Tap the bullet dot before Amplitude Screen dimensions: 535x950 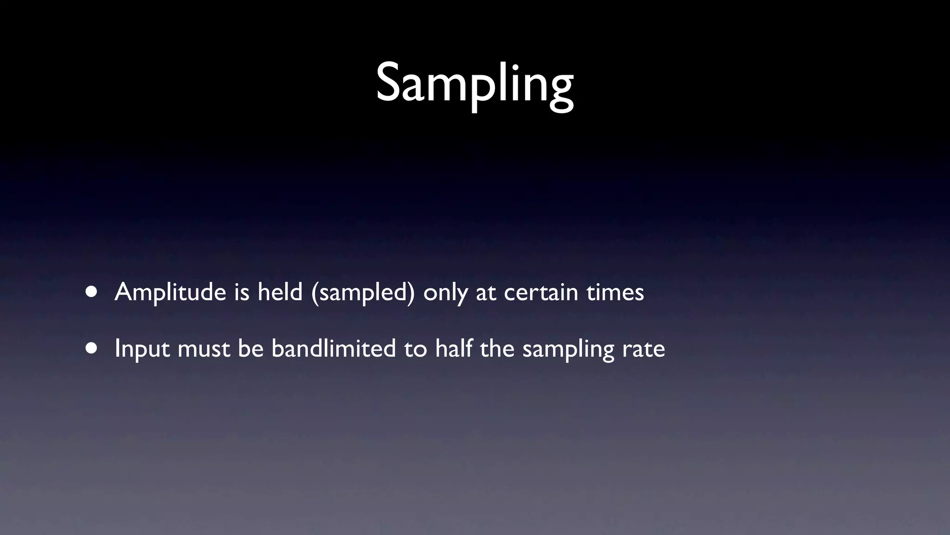coord(91,292)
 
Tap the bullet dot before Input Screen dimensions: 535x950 coord(91,348)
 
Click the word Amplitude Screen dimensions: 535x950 coord(170,293)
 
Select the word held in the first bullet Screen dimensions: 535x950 coord(280,292)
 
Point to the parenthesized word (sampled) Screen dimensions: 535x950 coord(363,293)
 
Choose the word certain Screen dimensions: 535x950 coord(540,293)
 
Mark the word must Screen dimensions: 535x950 coord(204,349)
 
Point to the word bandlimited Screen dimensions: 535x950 coord(334,348)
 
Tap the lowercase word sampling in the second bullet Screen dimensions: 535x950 coord(568,349)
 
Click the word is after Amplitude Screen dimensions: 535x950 coord(242,292)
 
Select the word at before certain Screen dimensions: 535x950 coord(485,293)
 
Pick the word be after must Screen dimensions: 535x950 coord(250,348)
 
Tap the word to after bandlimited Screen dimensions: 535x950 coord(415,349)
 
